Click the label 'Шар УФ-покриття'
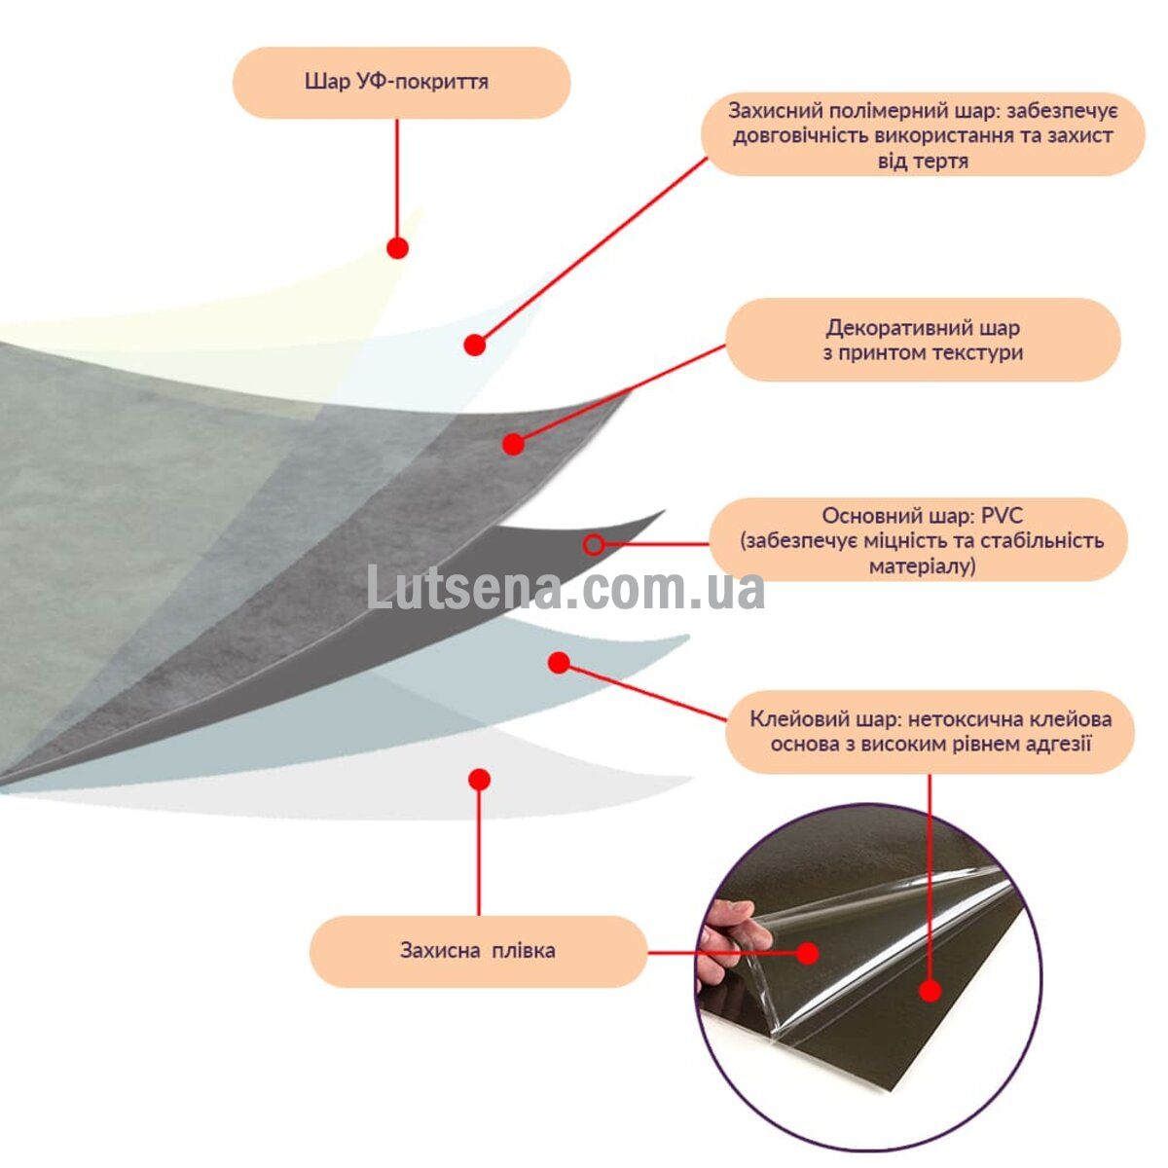[396, 82]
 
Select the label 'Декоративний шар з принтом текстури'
[923, 340]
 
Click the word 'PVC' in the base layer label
[1005, 516]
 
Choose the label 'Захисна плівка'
[478, 950]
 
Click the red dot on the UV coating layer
[398, 248]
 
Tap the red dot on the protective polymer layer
[475, 345]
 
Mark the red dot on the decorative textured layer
[513, 444]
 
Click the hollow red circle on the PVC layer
[595, 545]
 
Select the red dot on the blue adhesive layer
[560, 663]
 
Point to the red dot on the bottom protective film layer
[480, 780]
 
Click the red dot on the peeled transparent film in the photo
[807, 953]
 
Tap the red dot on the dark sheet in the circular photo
[931, 991]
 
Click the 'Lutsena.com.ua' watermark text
[566, 588]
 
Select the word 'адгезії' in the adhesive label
[1060, 744]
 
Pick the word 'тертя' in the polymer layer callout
[940, 162]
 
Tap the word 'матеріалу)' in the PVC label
[923, 566]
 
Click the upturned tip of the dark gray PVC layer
[665, 511]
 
